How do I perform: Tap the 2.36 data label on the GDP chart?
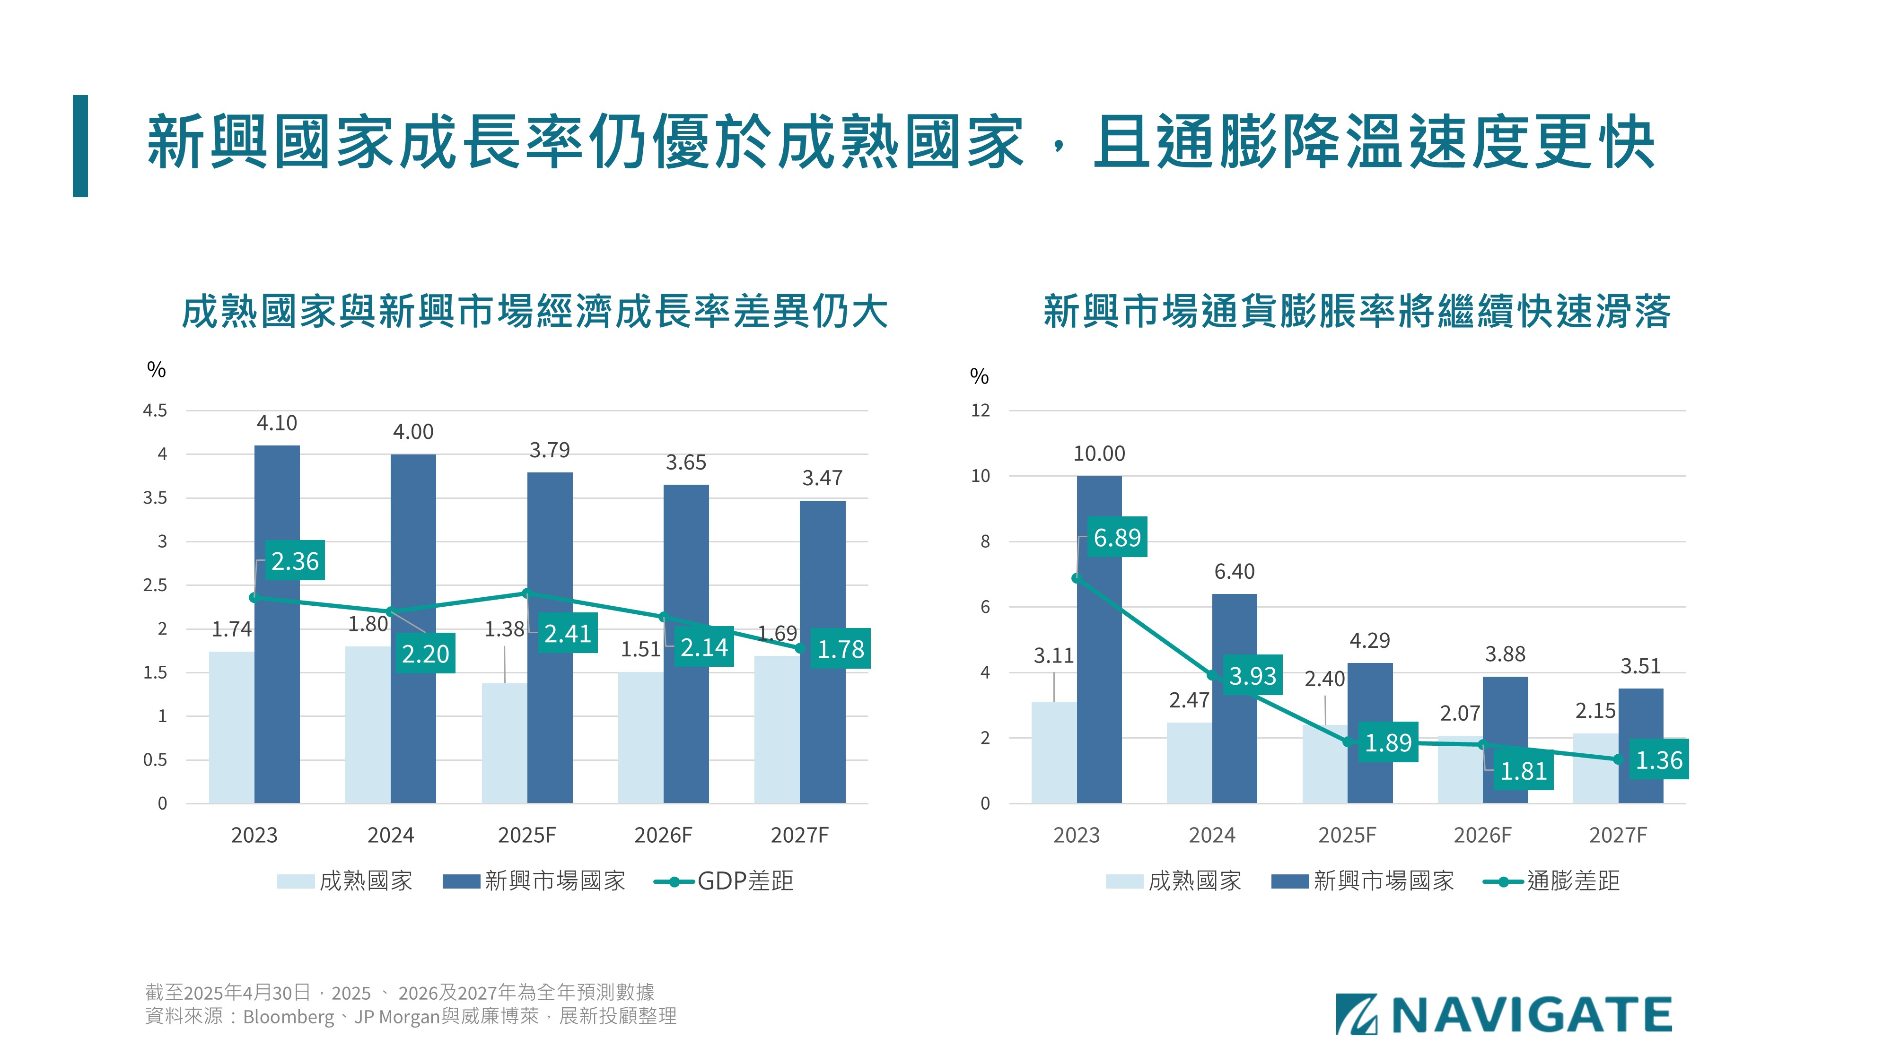[x=295, y=561]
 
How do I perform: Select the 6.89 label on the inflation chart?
[x=1116, y=538]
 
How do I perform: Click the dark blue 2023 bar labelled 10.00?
[x=1099, y=639]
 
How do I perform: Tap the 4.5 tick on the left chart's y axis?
[x=155, y=410]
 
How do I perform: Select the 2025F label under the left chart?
[x=526, y=835]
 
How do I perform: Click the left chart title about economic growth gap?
[x=534, y=311]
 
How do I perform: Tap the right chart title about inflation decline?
[x=1357, y=311]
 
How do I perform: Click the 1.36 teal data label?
[x=1658, y=760]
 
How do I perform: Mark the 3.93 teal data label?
[x=1253, y=675]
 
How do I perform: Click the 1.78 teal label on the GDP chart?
[x=840, y=648]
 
